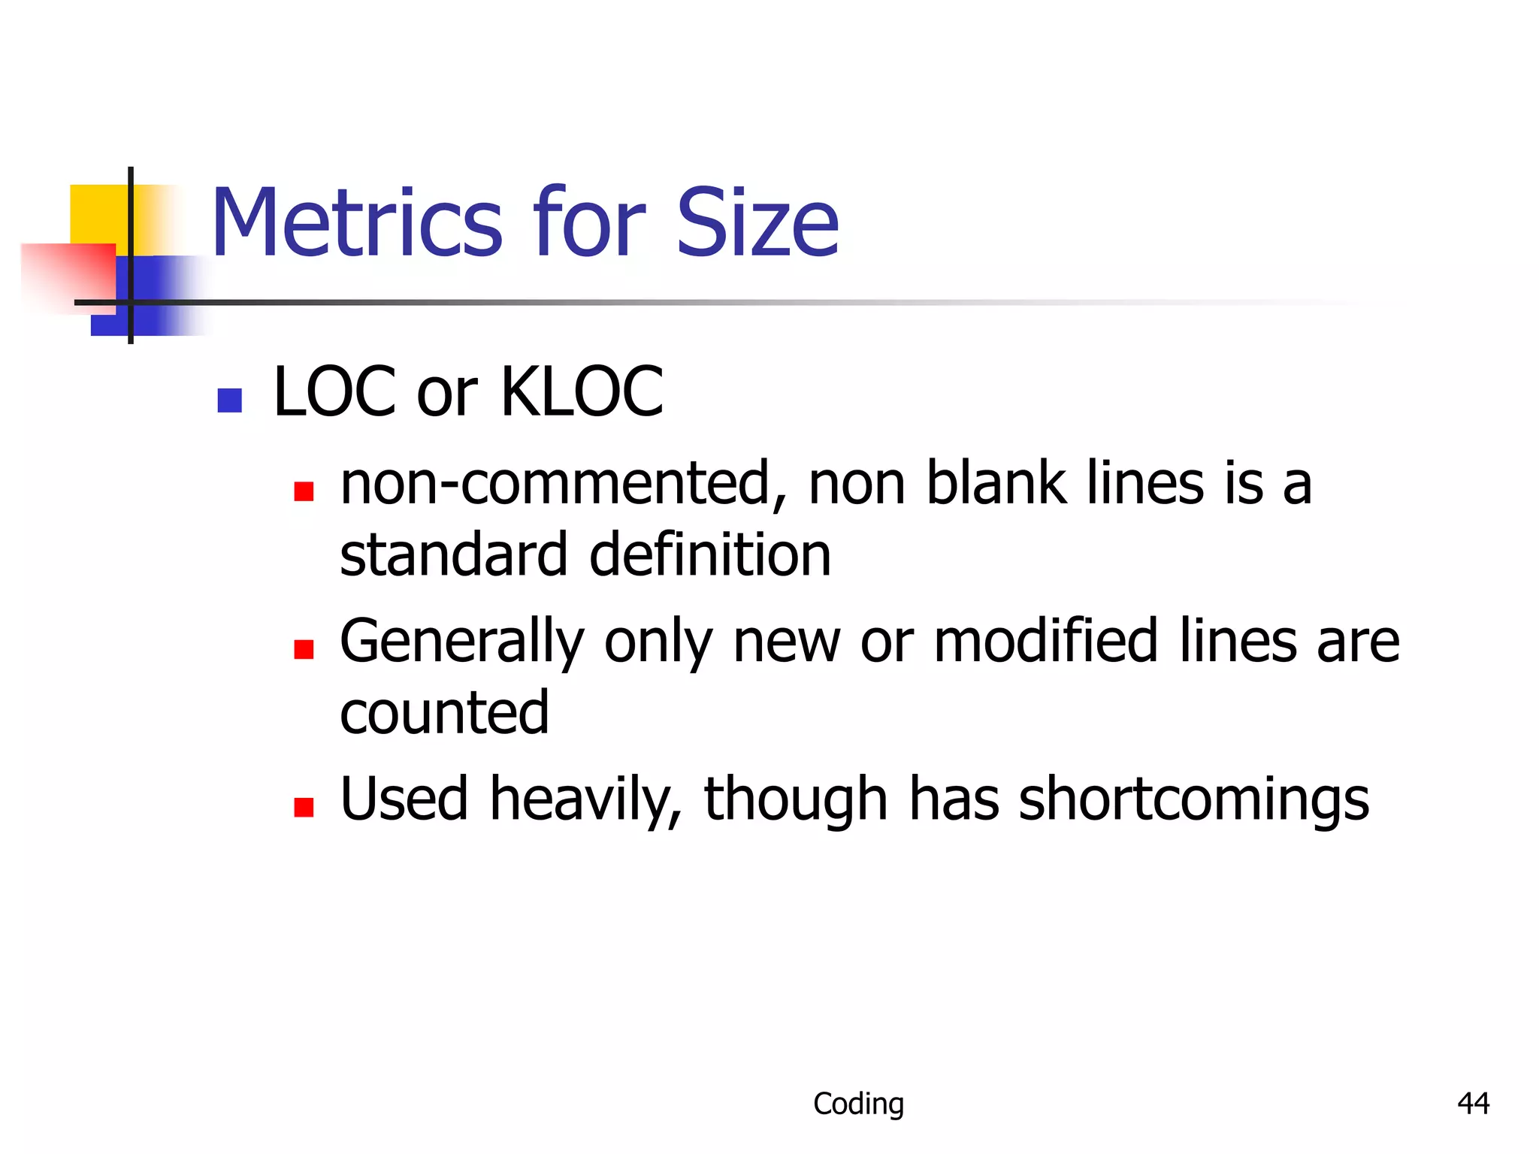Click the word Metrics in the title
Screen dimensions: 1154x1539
pos(357,224)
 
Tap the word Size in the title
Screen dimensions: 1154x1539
pos(757,224)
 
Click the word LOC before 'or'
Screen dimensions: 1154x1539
pos(334,391)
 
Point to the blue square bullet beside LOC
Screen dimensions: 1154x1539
pos(229,400)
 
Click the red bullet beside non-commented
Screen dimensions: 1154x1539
pos(304,491)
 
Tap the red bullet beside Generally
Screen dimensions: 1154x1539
pos(304,648)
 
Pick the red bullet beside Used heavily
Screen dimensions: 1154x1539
pos(304,807)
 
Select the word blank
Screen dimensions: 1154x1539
pos(996,485)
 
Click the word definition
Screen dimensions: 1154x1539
pos(710,556)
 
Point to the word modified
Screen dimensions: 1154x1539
pos(1045,642)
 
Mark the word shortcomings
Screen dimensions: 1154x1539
pos(1193,801)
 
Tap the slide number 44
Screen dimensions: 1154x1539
pos(1473,1104)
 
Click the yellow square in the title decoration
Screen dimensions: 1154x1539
pos(98,214)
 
